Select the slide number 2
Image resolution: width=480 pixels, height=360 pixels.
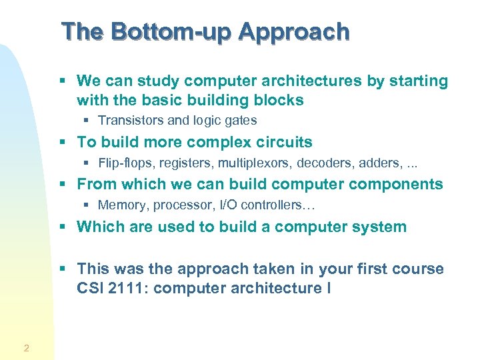point(25,347)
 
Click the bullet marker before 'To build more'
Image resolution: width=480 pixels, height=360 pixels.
point(63,143)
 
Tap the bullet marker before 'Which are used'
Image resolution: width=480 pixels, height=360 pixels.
point(63,227)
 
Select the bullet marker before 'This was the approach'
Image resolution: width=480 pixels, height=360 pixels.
point(63,269)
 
